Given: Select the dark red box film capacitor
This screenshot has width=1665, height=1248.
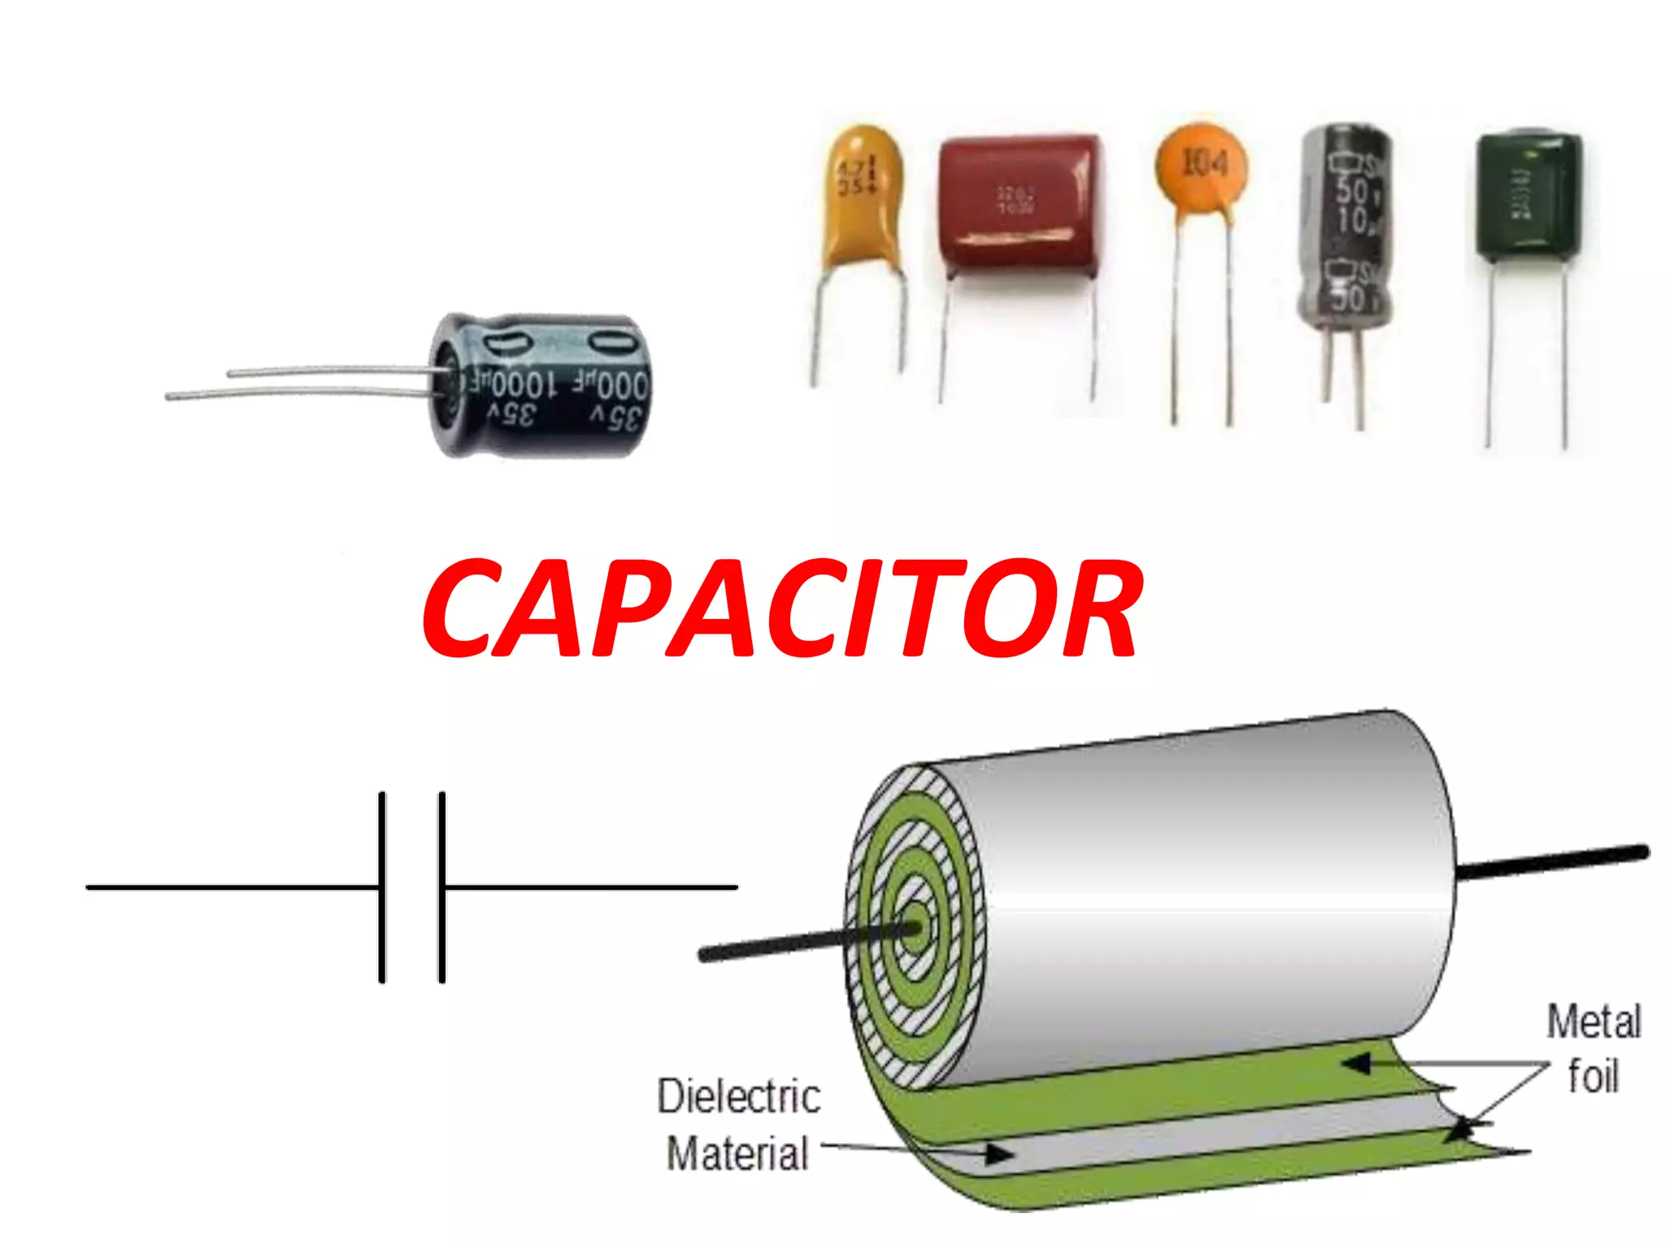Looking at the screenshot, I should (1021, 203).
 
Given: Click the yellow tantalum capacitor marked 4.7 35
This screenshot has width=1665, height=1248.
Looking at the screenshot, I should (863, 195).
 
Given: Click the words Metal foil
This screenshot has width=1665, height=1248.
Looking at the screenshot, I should (1593, 1048).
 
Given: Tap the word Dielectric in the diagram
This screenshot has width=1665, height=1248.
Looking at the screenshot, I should (738, 1096).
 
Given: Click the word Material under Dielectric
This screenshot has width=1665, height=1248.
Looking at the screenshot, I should (738, 1154).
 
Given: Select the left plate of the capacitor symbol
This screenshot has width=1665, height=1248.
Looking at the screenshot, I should (382, 887).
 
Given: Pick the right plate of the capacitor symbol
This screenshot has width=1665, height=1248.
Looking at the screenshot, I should (442, 887).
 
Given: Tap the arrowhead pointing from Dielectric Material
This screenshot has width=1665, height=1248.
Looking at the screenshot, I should (1000, 1153).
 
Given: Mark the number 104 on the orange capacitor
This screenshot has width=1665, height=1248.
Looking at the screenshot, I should (1203, 162).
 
